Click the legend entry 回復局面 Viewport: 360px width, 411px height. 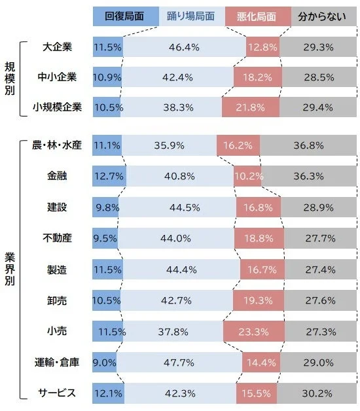125,16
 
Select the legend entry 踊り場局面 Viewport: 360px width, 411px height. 191,16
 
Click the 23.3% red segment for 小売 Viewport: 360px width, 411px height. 253,331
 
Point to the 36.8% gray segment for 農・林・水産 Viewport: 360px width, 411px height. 308,145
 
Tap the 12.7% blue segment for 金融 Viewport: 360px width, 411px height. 109,176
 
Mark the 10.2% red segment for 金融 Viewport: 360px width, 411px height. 248,176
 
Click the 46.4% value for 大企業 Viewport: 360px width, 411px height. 184,48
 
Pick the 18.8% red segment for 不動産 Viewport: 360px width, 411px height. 259,238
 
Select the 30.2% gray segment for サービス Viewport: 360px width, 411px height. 317,393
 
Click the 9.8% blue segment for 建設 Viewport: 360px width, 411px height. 105,207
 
